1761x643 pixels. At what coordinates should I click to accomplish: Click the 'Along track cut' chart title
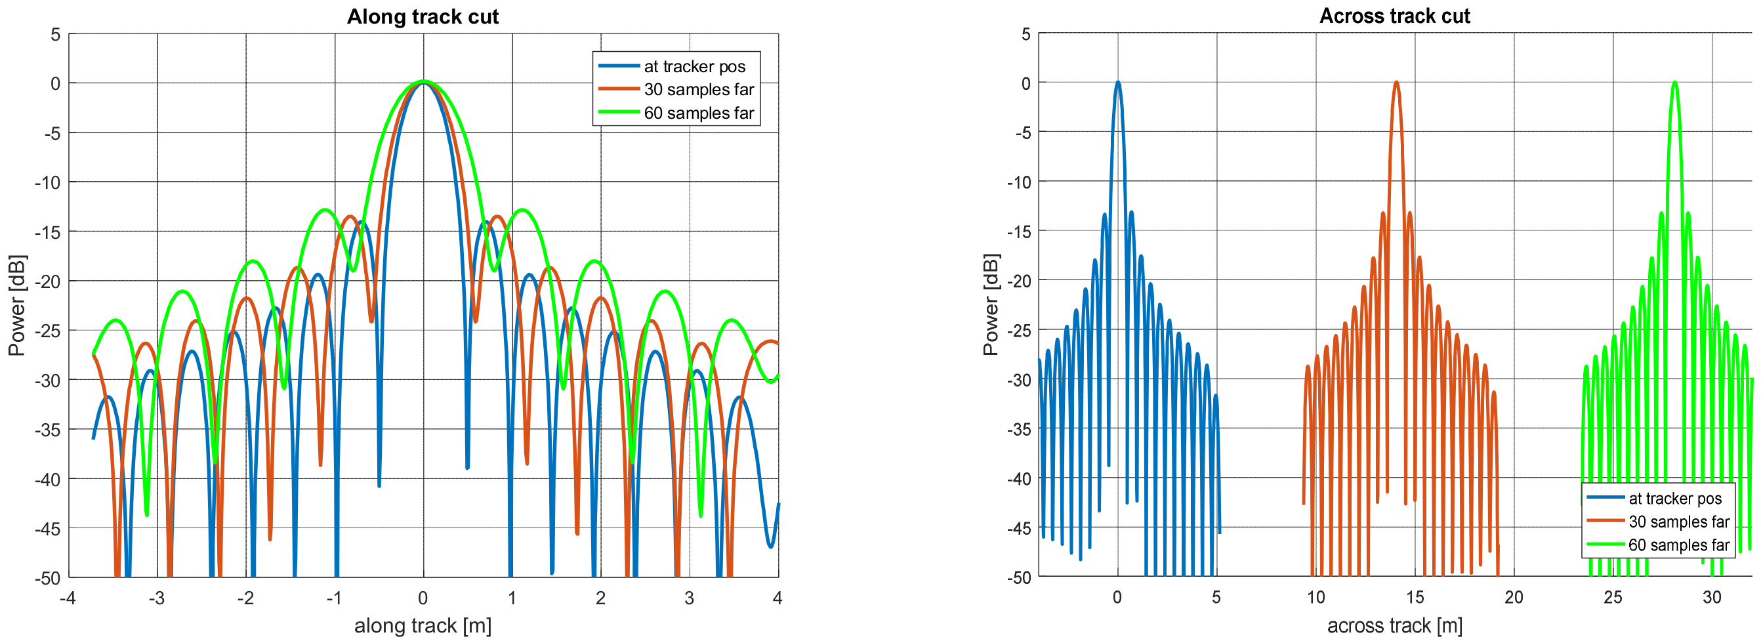click(x=423, y=16)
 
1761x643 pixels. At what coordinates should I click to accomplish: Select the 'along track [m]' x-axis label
click(x=423, y=625)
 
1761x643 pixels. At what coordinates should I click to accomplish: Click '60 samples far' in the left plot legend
click(x=698, y=113)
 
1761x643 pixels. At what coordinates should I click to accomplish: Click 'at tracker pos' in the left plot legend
click(x=694, y=66)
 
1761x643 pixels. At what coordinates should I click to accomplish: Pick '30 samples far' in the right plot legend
click(x=1678, y=522)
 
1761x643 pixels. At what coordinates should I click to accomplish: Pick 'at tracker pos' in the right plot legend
click(x=1674, y=498)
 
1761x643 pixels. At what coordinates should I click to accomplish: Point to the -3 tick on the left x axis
click(x=157, y=598)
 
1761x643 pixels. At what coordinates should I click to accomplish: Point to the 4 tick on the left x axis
click(x=777, y=598)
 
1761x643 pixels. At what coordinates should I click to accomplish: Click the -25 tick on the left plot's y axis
click(x=48, y=331)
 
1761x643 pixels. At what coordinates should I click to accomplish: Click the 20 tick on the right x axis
click(x=1514, y=597)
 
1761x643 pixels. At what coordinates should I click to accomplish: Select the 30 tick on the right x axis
click(x=1711, y=597)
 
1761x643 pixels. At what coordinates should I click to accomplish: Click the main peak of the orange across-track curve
click(x=1396, y=83)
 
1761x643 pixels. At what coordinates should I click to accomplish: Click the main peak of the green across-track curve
click(x=1674, y=83)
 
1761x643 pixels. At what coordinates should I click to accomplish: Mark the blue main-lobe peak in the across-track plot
click(x=1118, y=83)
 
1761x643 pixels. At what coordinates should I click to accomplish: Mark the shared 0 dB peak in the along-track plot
click(x=423, y=82)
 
